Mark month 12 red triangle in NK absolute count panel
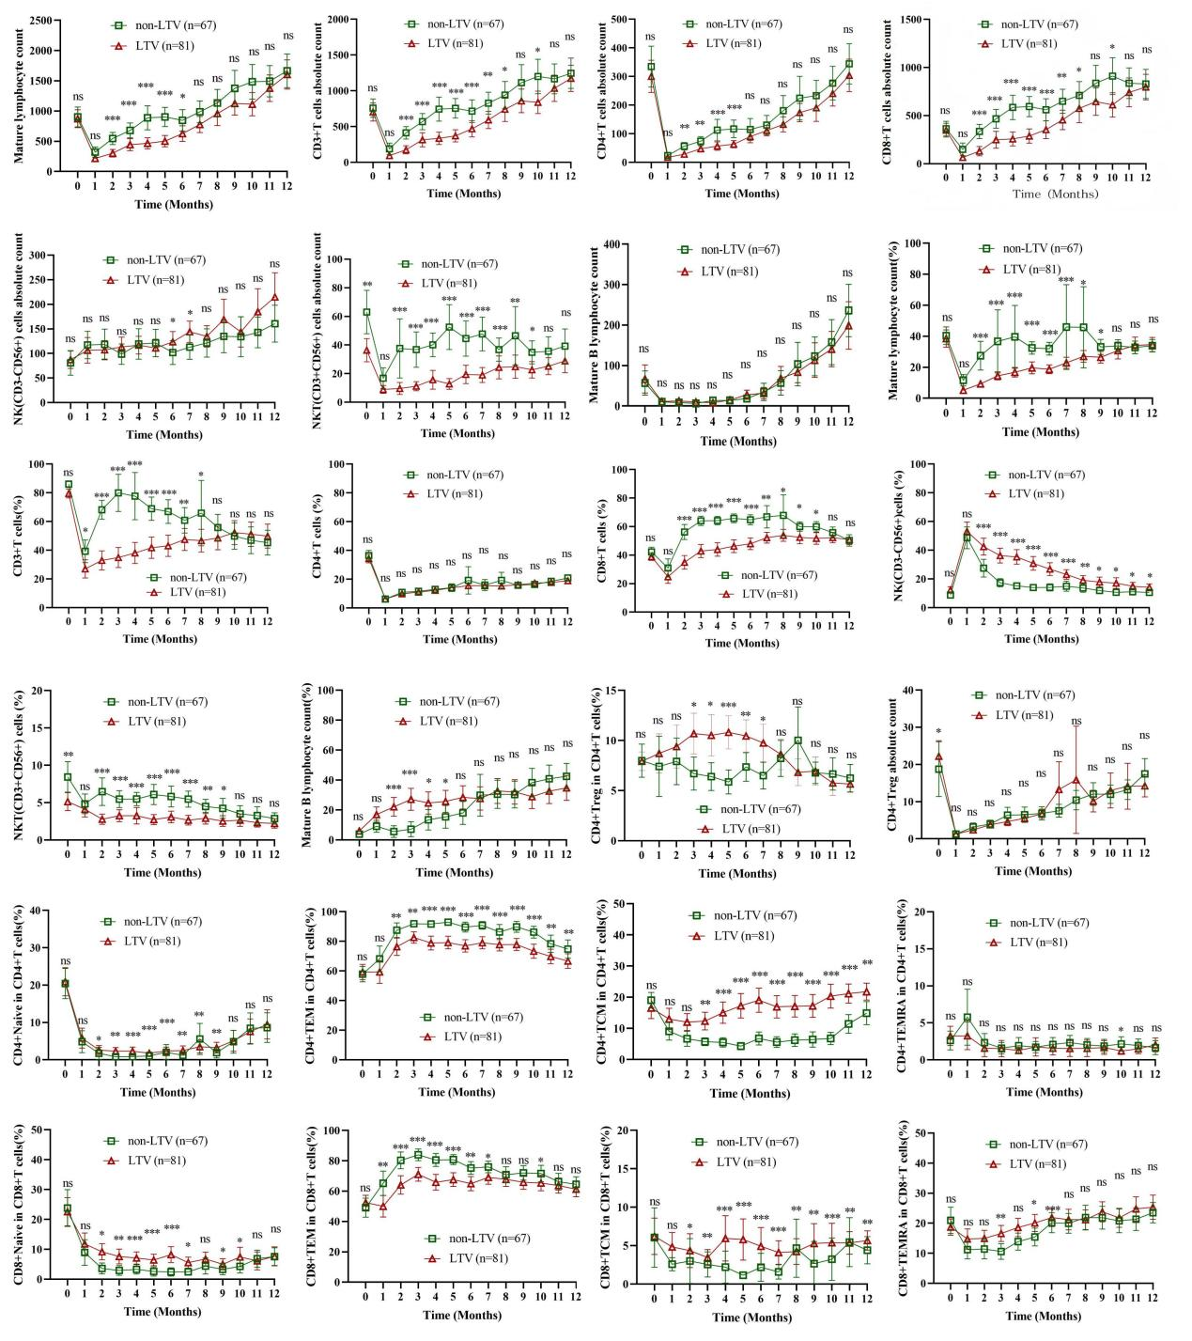(x=274, y=298)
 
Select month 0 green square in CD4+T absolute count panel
(x=651, y=67)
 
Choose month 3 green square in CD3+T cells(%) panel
(x=118, y=492)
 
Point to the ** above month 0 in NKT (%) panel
(x=68, y=755)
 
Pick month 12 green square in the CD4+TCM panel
(x=866, y=1013)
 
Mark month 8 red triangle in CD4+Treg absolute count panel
(x=1076, y=778)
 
